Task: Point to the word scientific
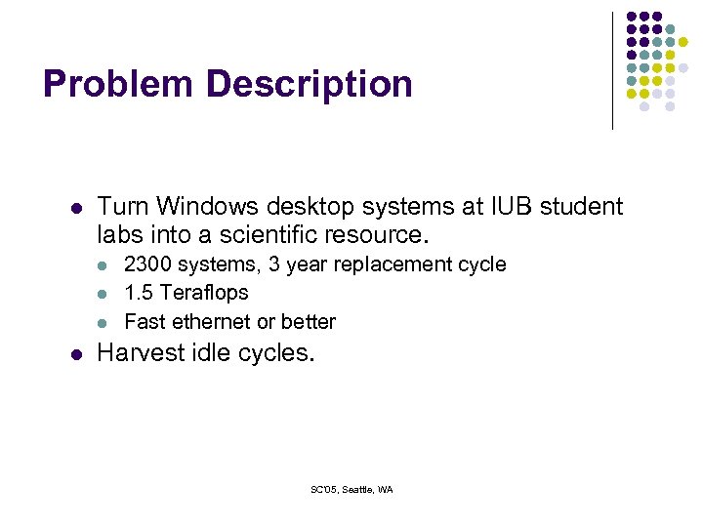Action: point(281,235)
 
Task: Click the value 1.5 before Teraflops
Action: point(139,293)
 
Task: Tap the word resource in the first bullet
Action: point(382,235)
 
